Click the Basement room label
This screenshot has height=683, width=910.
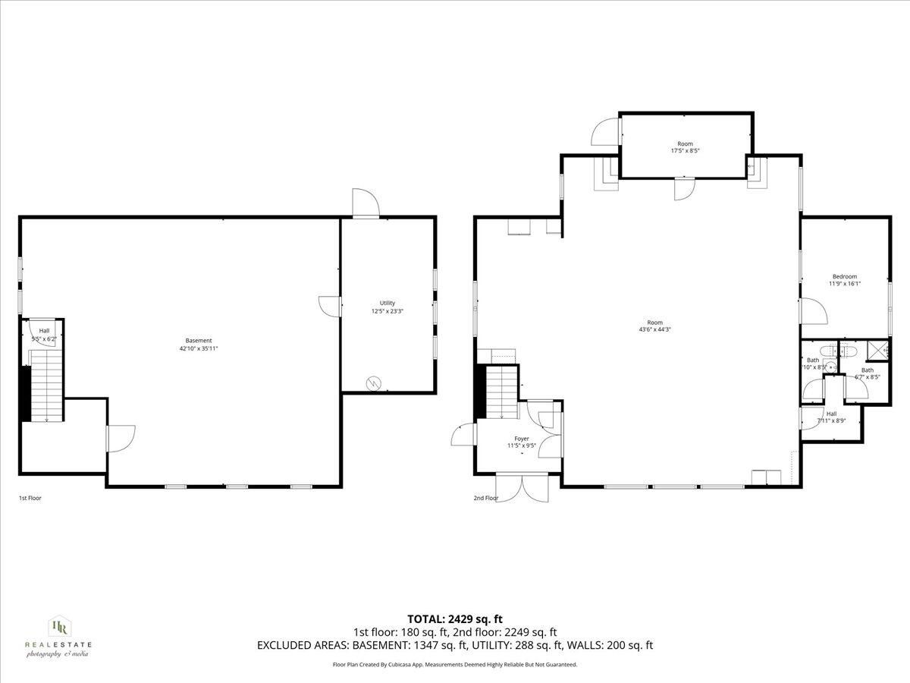coord(199,341)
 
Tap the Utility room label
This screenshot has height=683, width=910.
coord(388,303)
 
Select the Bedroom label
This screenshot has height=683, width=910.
coord(844,276)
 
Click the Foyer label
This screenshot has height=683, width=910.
coord(522,439)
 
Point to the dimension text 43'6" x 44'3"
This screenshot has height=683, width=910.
coord(654,329)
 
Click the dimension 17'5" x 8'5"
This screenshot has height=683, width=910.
coord(685,150)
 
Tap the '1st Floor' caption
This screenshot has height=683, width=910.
coord(30,499)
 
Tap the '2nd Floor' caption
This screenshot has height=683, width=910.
coord(486,499)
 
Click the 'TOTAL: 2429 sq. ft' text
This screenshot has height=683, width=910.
coord(455,618)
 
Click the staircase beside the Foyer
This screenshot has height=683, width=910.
coord(500,391)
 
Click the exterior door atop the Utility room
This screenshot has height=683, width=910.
coord(366,203)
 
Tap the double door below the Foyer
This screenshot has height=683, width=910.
coord(522,487)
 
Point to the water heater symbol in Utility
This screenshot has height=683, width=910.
coord(373,383)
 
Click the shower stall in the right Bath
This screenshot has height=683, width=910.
coord(880,350)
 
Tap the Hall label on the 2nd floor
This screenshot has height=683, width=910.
coord(831,414)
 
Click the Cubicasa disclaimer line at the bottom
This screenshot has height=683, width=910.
coord(455,664)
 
